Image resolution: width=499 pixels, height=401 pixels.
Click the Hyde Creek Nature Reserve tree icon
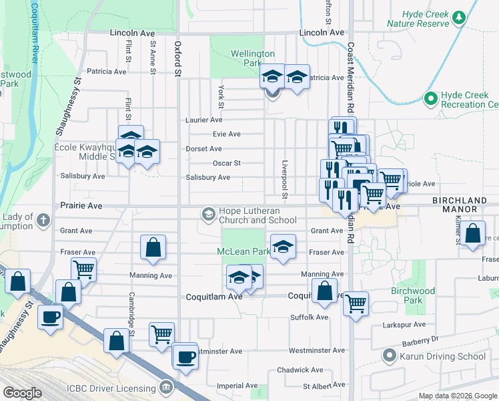click(458, 17)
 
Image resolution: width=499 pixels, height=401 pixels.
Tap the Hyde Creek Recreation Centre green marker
click(430, 100)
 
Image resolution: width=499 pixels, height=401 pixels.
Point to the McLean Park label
click(243, 251)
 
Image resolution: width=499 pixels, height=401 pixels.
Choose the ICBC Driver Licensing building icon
click(165, 387)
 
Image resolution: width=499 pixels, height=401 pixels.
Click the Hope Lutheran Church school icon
click(208, 214)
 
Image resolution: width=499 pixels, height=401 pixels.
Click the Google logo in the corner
click(22, 393)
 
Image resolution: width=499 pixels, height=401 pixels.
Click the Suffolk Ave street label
click(309, 317)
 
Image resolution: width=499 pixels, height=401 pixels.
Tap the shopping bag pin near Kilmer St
click(472, 235)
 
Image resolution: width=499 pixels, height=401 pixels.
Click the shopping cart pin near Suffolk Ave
click(356, 303)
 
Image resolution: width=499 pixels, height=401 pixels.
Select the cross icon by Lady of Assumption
click(43, 219)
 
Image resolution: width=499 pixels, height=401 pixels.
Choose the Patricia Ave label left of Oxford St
click(106, 72)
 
